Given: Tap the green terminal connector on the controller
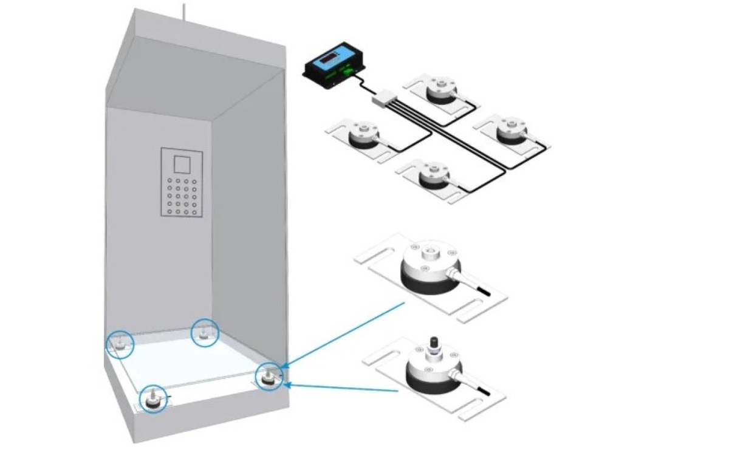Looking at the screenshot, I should click(x=347, y=73).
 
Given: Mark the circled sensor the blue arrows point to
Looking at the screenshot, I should click(x=267, y=377).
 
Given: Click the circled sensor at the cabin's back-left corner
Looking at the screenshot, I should click(x=120, y=344).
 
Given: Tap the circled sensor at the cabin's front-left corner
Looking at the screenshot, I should click(x=152, y=399).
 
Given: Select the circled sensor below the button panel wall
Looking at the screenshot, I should click(x=205, y=333).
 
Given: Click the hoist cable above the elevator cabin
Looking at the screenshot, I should click(x=182, y=11).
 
